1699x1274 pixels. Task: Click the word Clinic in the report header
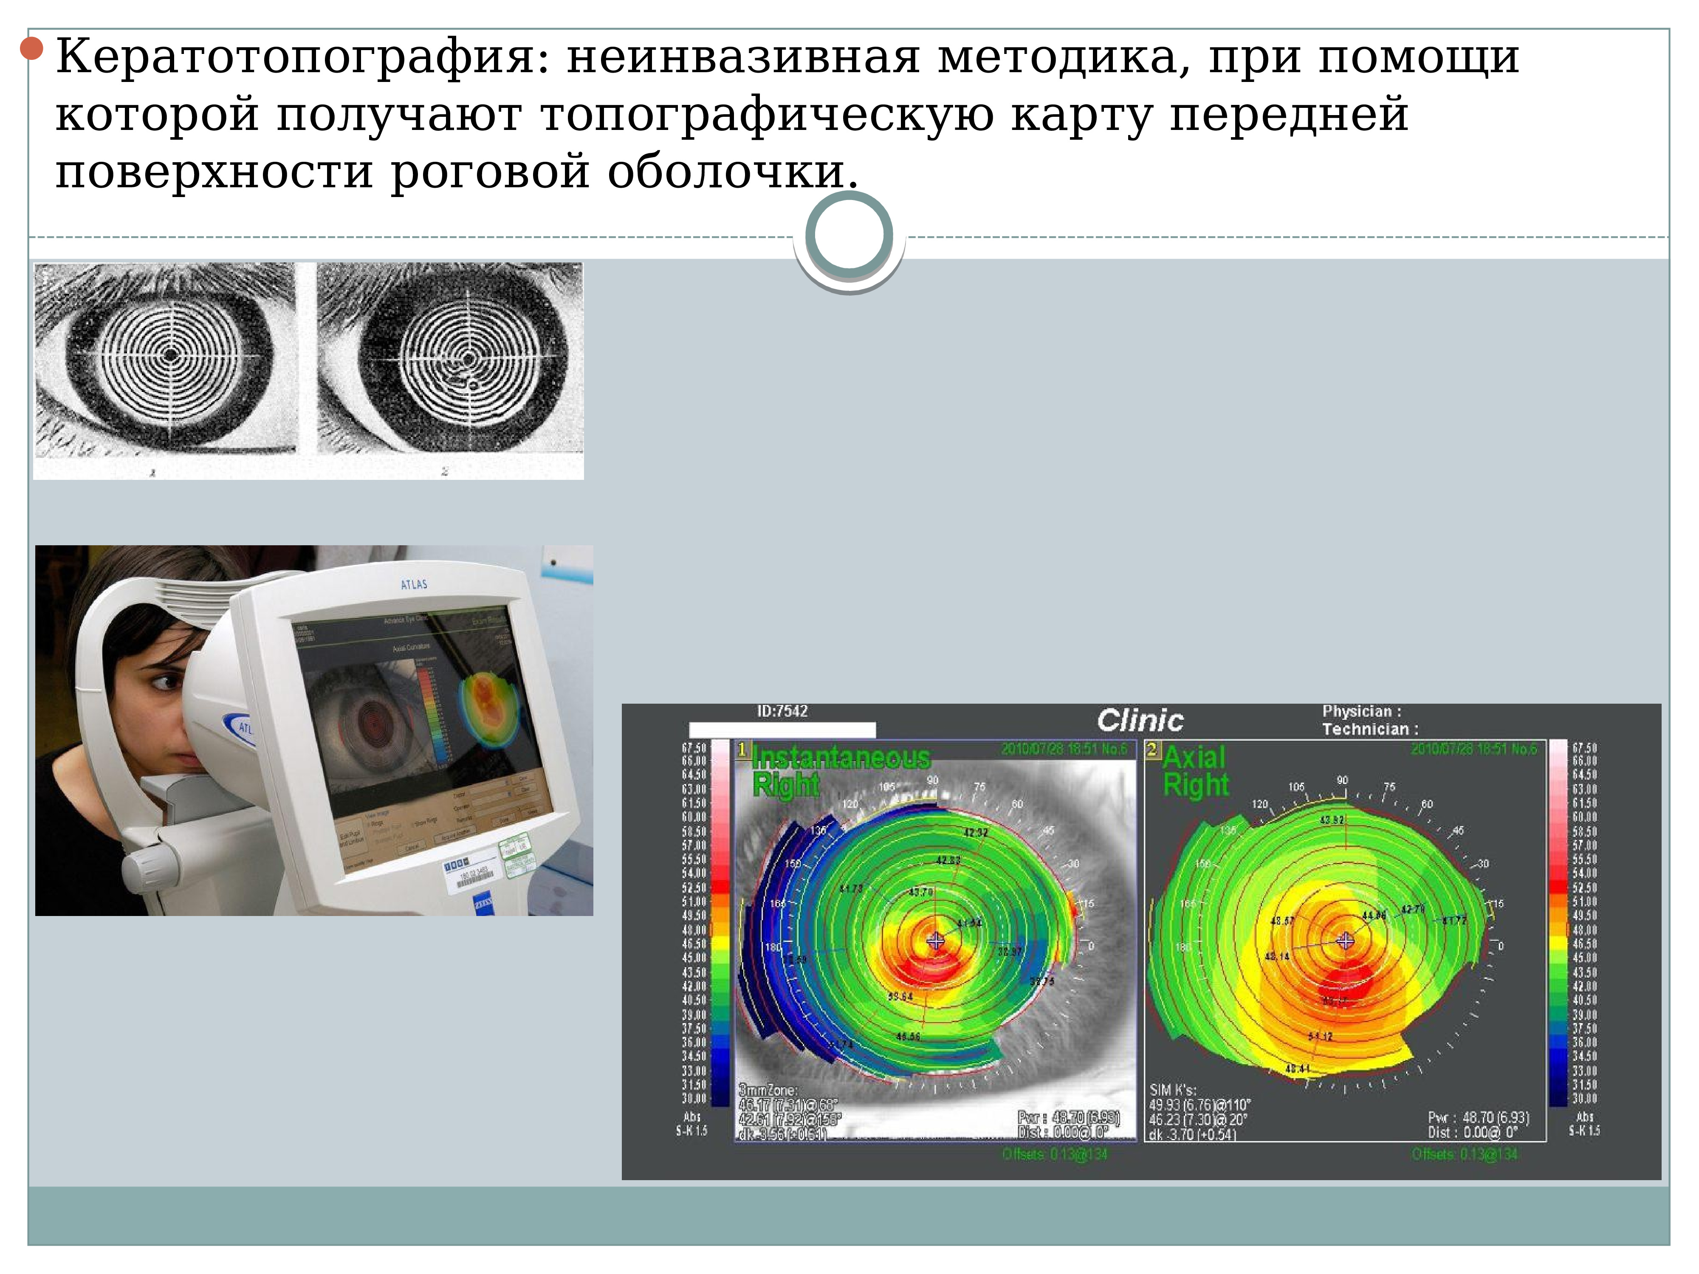tap(1140, 720)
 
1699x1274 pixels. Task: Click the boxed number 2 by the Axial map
tap(1152, 750)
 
